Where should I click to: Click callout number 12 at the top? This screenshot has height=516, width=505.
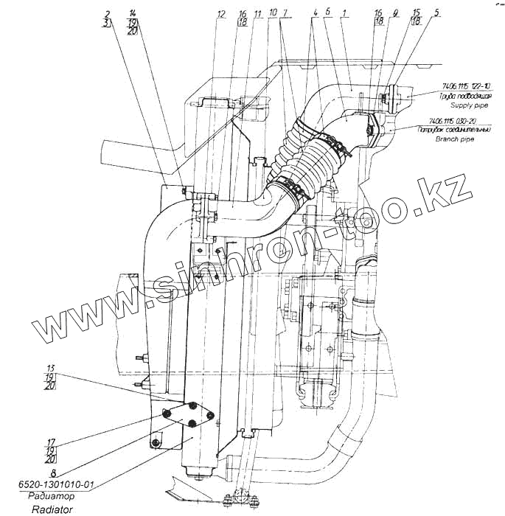pyautogui.click(x=221, y=14)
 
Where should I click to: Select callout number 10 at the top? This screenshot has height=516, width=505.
pyautogui.click(x=273, y=14)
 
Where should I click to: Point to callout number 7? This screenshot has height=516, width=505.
pyautogui.click(x=286, y=14)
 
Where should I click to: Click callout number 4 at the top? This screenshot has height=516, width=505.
pyautogui.click(x=315, y=13)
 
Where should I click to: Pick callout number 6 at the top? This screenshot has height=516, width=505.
pyautogui.click(x=327, y=13)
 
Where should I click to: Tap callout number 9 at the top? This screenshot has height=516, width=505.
pyautogui.click(x=396, y=13)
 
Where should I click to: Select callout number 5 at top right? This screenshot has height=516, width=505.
pyautogui.click(x=437, y=13)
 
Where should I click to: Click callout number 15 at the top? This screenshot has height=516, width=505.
pyautogui.click(x=417, y=13)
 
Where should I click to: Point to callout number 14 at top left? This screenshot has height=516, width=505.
pyautogui.click(x=132, y=14)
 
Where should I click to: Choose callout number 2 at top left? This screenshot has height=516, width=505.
pyautogui.click(x=108, y=14)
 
